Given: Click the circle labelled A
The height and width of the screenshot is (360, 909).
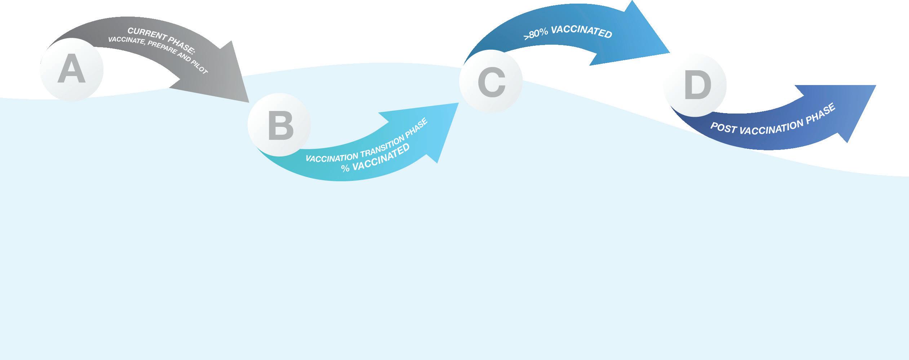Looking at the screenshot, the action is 71,70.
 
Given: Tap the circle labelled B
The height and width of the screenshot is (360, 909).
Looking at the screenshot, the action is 279,125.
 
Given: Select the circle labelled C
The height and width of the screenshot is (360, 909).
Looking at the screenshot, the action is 491,82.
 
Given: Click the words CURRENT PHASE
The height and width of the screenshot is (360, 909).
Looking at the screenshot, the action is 161,40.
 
